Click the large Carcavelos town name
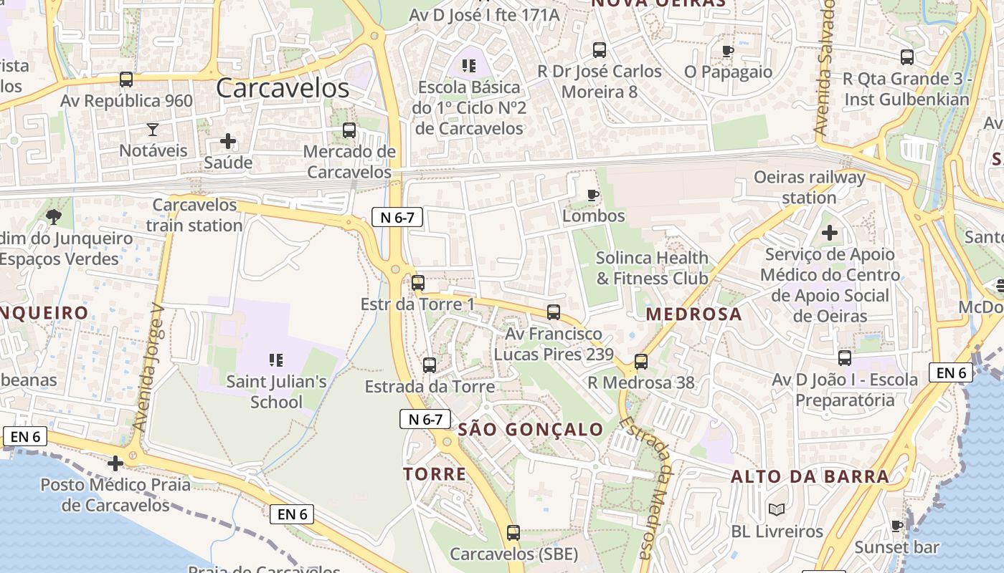click(282, 88)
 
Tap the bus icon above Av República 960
click(126, 80)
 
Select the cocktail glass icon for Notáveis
click(153, 130)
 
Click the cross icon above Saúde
click(228, 141)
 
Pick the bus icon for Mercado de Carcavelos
click(349, 130)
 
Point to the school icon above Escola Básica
click(469, 67)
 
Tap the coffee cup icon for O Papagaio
click(728, 51)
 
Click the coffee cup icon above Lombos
click(593, 195)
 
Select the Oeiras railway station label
click(809, 187)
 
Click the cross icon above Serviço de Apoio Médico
click(830, 233)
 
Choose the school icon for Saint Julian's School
click(276, 360)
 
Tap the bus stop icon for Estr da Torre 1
click(418, 283)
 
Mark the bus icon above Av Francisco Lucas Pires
click(554, 312)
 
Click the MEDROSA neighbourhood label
click(693, 314)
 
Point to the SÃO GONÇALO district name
click(531, 430)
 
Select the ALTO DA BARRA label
click(810, 476)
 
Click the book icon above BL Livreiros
click(777, 510)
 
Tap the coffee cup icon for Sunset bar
click(896, 526)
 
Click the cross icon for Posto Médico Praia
click(115, 463)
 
